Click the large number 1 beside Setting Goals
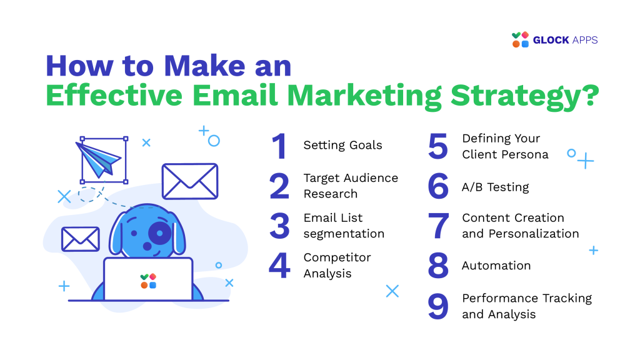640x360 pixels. (x=280, y=146)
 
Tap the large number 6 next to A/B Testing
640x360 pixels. (x=438, y=186)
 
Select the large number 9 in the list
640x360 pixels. (x=438, y=306)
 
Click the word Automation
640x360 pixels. (x=496, y=266)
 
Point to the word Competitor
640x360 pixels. (x=337, y=257)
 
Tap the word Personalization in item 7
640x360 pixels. (x=534, y=234)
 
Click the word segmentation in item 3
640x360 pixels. (x=344, y=234)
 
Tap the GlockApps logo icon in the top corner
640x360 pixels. (x=521, y=39)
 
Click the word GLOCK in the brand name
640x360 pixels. (x=551, y=40)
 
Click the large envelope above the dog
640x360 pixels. (x=190, y=181)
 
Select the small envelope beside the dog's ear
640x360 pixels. (x=81, y=239)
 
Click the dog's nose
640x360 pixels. (x=147, y=246)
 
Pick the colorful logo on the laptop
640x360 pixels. (x=148, y=281)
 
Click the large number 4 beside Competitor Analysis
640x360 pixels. (x=279, y=265)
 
